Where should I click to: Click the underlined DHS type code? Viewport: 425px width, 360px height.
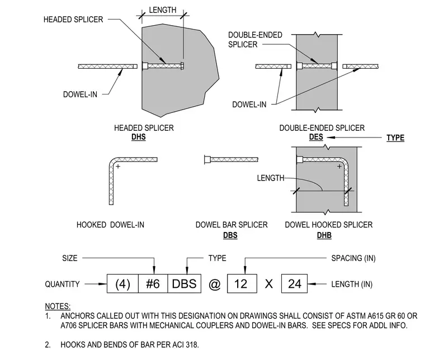tap(139, 137)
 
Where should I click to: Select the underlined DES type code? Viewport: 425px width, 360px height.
tap(316, 137)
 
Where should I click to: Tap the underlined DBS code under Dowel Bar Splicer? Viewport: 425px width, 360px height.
tap(230, 235)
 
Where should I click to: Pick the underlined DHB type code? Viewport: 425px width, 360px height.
tap(324, 235)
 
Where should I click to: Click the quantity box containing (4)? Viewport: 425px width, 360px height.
tap(123, 283)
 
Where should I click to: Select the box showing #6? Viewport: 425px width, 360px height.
tap(153, 283)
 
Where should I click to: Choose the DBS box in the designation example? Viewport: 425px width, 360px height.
tap(185, 283)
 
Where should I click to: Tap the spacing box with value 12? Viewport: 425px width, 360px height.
tap(242, 283)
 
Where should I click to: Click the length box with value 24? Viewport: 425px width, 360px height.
tap(294, 283)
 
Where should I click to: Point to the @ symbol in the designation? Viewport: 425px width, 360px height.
tap(214, 285)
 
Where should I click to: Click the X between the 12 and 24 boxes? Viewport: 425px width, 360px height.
tap(269, 284)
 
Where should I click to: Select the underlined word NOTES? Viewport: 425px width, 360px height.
tap(58, 306)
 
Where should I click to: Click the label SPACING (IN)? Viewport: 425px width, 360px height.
tap(353, 258)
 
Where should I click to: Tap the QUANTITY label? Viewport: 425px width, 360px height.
tap(62, 284)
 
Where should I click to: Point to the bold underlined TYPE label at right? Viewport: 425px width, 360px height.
tap(395, 138)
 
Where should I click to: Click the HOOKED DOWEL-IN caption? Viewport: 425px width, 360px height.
tap(110, 225)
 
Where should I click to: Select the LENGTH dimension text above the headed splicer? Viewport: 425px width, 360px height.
tap(163, 10)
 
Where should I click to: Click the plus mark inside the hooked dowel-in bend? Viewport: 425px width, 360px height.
tap(118, 167)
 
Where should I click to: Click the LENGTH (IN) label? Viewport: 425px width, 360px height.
tap(352, 284)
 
